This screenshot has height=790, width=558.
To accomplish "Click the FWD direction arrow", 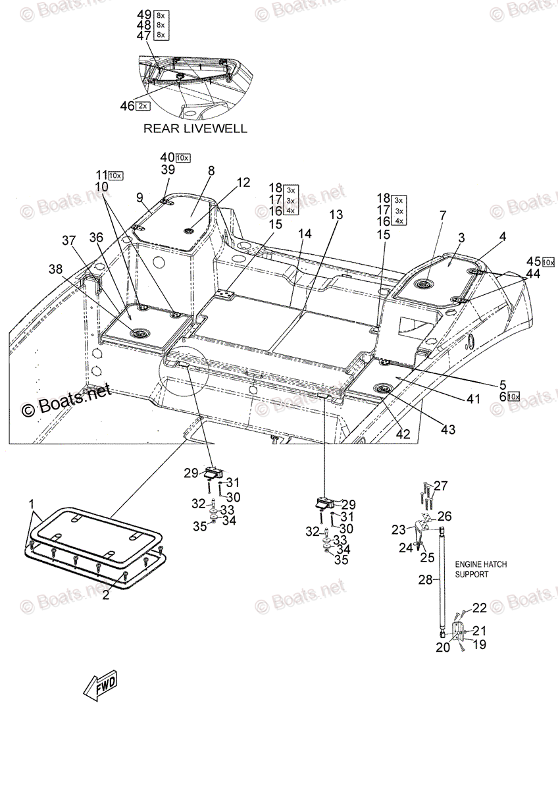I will pyautogui.click(x=101, y=687).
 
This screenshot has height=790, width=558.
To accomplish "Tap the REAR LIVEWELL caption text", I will pyautogui.click(x=195, y=128).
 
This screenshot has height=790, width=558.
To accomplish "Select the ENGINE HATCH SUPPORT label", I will pyautogui.click(x=481, y=569).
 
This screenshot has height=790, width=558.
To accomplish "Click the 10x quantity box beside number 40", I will pyautogui.click(x=183, y=157).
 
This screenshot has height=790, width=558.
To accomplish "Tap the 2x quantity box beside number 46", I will pyautogui.click(x=143, y=105).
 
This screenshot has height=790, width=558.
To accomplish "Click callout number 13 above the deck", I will pyautogui.click(x=336, y=215).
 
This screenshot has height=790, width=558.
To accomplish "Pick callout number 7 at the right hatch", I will pyautogui.click(x=443, y=215).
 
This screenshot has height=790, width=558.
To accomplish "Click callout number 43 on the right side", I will pyautogui.click(x=448, y=430).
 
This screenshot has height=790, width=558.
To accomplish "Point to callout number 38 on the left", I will pyautogui.click(x=56, y=269).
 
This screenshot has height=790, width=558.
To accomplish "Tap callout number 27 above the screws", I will pyautogui.click(x=440, y=486).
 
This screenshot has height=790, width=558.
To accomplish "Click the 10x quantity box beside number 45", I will pyautogui.click(x=549, y=262).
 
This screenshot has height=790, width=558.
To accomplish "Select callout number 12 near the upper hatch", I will pyautogui.click(x=243, y=182).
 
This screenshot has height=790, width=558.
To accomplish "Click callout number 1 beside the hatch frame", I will pyautogui.click(x=31, y=504).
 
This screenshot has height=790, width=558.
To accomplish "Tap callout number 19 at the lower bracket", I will pyautogui.click(x=480, y=645).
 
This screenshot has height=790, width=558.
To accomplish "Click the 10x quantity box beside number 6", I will pyautogui.click(x=513, y=396).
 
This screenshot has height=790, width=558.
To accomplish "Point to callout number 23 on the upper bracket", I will pyautogui.click(x=399, y=529).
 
